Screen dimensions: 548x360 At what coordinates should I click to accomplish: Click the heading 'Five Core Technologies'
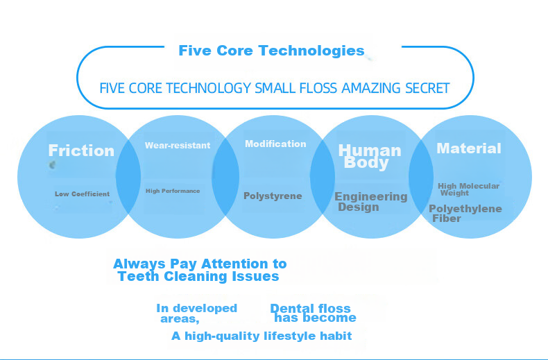tap(271, 51)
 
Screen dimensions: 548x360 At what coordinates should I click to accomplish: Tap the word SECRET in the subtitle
tap(427, 88)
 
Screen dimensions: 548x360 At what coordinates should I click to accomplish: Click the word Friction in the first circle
tap(81, 151)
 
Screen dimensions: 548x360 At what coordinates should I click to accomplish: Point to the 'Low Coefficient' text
tap(82, 194)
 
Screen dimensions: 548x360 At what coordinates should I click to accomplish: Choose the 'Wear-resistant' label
tap(178, 146)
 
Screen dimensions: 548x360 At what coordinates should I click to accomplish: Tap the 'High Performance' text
tap(173, 191)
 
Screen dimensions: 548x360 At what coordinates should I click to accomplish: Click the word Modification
tap(275, 144)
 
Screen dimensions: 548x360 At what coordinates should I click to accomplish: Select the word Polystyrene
tap(273, 196)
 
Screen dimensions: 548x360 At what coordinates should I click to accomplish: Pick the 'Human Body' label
tap(370, 157)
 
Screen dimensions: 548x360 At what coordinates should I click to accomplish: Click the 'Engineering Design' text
tap(371, 202)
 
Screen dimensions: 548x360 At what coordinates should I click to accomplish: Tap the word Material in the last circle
tap(469, 148)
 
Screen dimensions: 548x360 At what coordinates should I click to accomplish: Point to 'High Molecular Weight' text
tap(468, 189)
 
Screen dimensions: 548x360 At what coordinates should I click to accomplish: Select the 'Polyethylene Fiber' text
tap(465, 213)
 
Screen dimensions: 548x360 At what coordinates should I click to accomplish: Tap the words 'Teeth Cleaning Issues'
tap(198, 277)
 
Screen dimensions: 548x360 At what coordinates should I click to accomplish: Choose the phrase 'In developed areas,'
tap(197, 313)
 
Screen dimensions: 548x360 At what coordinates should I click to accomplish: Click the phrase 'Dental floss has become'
tap(313, 313)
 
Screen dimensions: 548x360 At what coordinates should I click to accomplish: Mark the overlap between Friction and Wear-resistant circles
tap(128, 177)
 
